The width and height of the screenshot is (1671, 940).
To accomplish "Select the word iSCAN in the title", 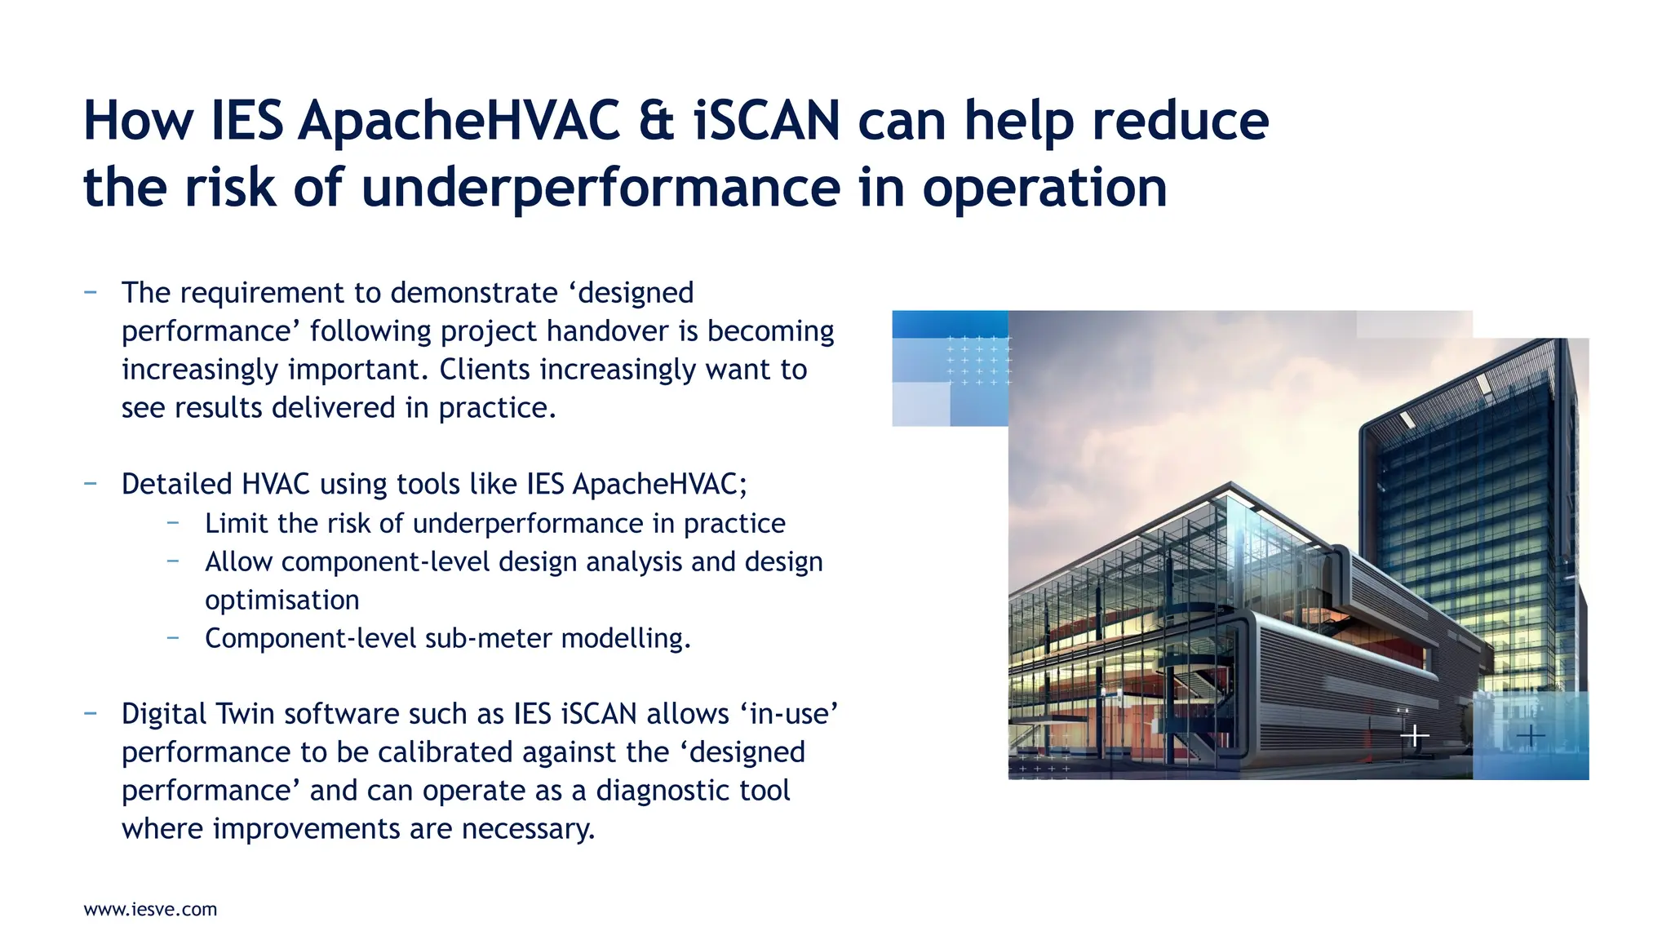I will pos(766,121).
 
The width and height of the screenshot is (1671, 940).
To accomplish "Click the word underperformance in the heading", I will pos(601,188).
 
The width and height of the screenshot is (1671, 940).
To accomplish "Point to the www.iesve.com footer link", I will pos(150,910).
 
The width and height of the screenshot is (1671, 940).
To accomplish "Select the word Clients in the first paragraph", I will pos(485,370).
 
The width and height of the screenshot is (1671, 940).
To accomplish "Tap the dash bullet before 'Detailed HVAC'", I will pos(91,483).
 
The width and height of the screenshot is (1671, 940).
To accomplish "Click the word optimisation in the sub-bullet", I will pos(281,601).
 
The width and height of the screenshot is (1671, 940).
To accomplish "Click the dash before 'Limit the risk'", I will pos(173,522).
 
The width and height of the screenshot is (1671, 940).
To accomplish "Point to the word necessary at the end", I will pos(527,829).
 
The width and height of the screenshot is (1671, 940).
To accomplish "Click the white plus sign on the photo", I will pos(1415,736).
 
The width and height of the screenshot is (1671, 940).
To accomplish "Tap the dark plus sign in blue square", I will pos(1531,736).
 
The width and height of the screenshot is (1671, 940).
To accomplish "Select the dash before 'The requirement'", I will pos(91,291).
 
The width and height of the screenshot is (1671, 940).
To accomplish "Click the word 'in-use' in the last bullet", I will pos(789,714).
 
